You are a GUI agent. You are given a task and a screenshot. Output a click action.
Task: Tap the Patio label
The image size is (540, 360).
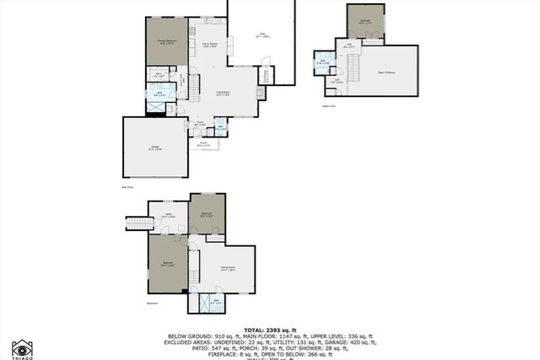tap(262, 35)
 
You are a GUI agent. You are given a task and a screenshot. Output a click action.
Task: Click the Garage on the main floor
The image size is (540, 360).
tap(154, 148)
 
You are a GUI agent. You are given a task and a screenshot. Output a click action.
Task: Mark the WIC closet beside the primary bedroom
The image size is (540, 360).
tap(158, 75)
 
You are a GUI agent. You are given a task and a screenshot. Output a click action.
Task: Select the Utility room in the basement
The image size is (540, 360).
tap(168, 216)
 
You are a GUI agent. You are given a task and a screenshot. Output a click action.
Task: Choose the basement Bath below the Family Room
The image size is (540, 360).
tap(215, 301)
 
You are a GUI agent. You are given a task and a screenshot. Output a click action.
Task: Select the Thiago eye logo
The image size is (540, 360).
tap(23, 347)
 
